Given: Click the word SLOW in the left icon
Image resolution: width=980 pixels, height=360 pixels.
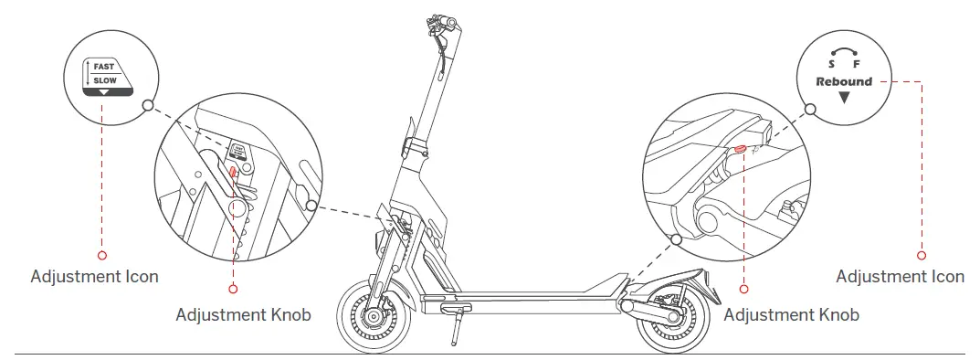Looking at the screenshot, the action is tap(106, 80).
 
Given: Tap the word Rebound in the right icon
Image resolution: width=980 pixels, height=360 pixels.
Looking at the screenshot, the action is tap(844, 81).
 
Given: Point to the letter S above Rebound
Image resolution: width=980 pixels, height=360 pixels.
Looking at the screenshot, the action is tap(831, 66).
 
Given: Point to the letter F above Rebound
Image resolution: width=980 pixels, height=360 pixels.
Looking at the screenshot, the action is tap(857, 66).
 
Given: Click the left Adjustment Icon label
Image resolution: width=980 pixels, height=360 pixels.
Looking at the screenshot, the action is tap(94, 276).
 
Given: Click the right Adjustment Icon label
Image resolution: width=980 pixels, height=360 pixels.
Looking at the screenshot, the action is tap(900, 276).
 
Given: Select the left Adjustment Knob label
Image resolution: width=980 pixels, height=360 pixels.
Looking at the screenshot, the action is tap(243, 315).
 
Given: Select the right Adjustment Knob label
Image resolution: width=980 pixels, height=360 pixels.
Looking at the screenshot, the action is tap(791, 315).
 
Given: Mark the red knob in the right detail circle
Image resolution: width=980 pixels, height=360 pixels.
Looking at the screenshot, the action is tap(740, 149).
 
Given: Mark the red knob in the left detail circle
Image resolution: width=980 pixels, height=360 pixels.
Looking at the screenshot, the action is tap(233, 170).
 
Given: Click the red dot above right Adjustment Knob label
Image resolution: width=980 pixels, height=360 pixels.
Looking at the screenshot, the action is tap(743, 289).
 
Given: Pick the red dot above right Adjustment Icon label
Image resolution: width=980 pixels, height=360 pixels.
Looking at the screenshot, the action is tap(921, 255).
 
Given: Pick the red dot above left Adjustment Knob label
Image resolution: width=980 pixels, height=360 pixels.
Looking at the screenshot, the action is tap(233, 289).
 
